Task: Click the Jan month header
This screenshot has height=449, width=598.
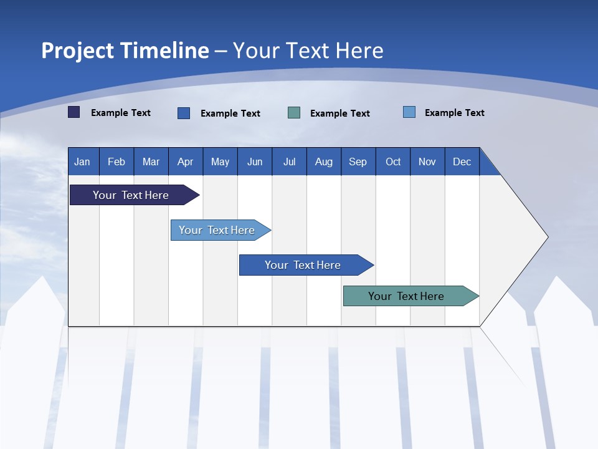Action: pos(83,162)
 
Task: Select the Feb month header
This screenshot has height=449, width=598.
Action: pos(116,162)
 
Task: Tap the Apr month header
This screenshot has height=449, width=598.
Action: pos(186,162)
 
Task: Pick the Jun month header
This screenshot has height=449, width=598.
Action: pos(255,162)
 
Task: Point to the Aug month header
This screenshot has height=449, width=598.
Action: pos(324,162)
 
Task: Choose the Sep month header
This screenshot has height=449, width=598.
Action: pos(358,162)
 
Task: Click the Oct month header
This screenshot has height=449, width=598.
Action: pos(393,162)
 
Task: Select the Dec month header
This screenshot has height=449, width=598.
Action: pos(462,162)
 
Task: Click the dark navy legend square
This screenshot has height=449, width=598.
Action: pos(74,112)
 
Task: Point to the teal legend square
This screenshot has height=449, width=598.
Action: pos(294,112)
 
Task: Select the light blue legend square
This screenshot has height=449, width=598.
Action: pos(409,112)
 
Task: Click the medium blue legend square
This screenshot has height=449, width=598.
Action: pos(184,113)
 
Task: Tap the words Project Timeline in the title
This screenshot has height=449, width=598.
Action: pos(125,51)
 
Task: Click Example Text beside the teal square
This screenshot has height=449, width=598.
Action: pos(339,113)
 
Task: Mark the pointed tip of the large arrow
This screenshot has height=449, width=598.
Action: pos(547,237)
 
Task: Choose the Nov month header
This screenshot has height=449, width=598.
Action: pos(427,162)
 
